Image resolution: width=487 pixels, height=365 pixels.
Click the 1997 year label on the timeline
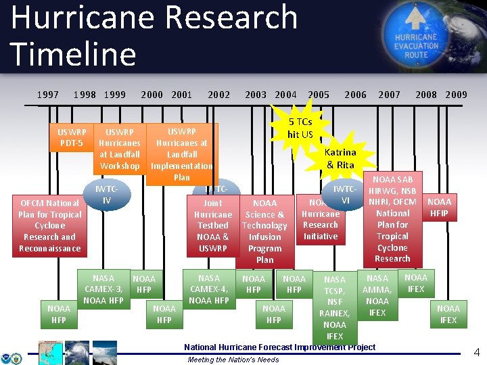click(x=47, y=95)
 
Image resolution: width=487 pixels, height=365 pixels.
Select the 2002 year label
click(x=219, y=95)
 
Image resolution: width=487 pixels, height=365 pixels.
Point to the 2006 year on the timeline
click(x=356, y=95)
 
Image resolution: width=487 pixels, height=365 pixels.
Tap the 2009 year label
click(x=457, y=95)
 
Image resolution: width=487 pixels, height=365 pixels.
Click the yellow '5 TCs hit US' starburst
click(x=300, y=127)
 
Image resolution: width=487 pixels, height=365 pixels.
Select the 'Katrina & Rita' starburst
click(x=340, y=158)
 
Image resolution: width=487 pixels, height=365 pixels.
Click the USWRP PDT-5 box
click(x=72, y=137)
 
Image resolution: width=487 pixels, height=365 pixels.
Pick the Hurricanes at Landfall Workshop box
click(x=120, y=149)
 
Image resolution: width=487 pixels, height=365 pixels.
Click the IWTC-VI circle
click(x=345, y=195)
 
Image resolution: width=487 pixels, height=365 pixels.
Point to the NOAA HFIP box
click(x=440, y=208)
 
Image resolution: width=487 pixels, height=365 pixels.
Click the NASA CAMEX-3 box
click(x=103, y=289)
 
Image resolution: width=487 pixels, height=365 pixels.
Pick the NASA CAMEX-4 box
click(x=209, y=289)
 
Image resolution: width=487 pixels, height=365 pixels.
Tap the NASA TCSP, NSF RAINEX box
click(x=334, y=307)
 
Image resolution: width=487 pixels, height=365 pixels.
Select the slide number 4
click(x=476, y=352)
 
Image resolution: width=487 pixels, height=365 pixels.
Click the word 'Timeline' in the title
click(x=74, y=54)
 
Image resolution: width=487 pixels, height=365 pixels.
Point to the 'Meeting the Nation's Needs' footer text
click(x=233, y=360)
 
